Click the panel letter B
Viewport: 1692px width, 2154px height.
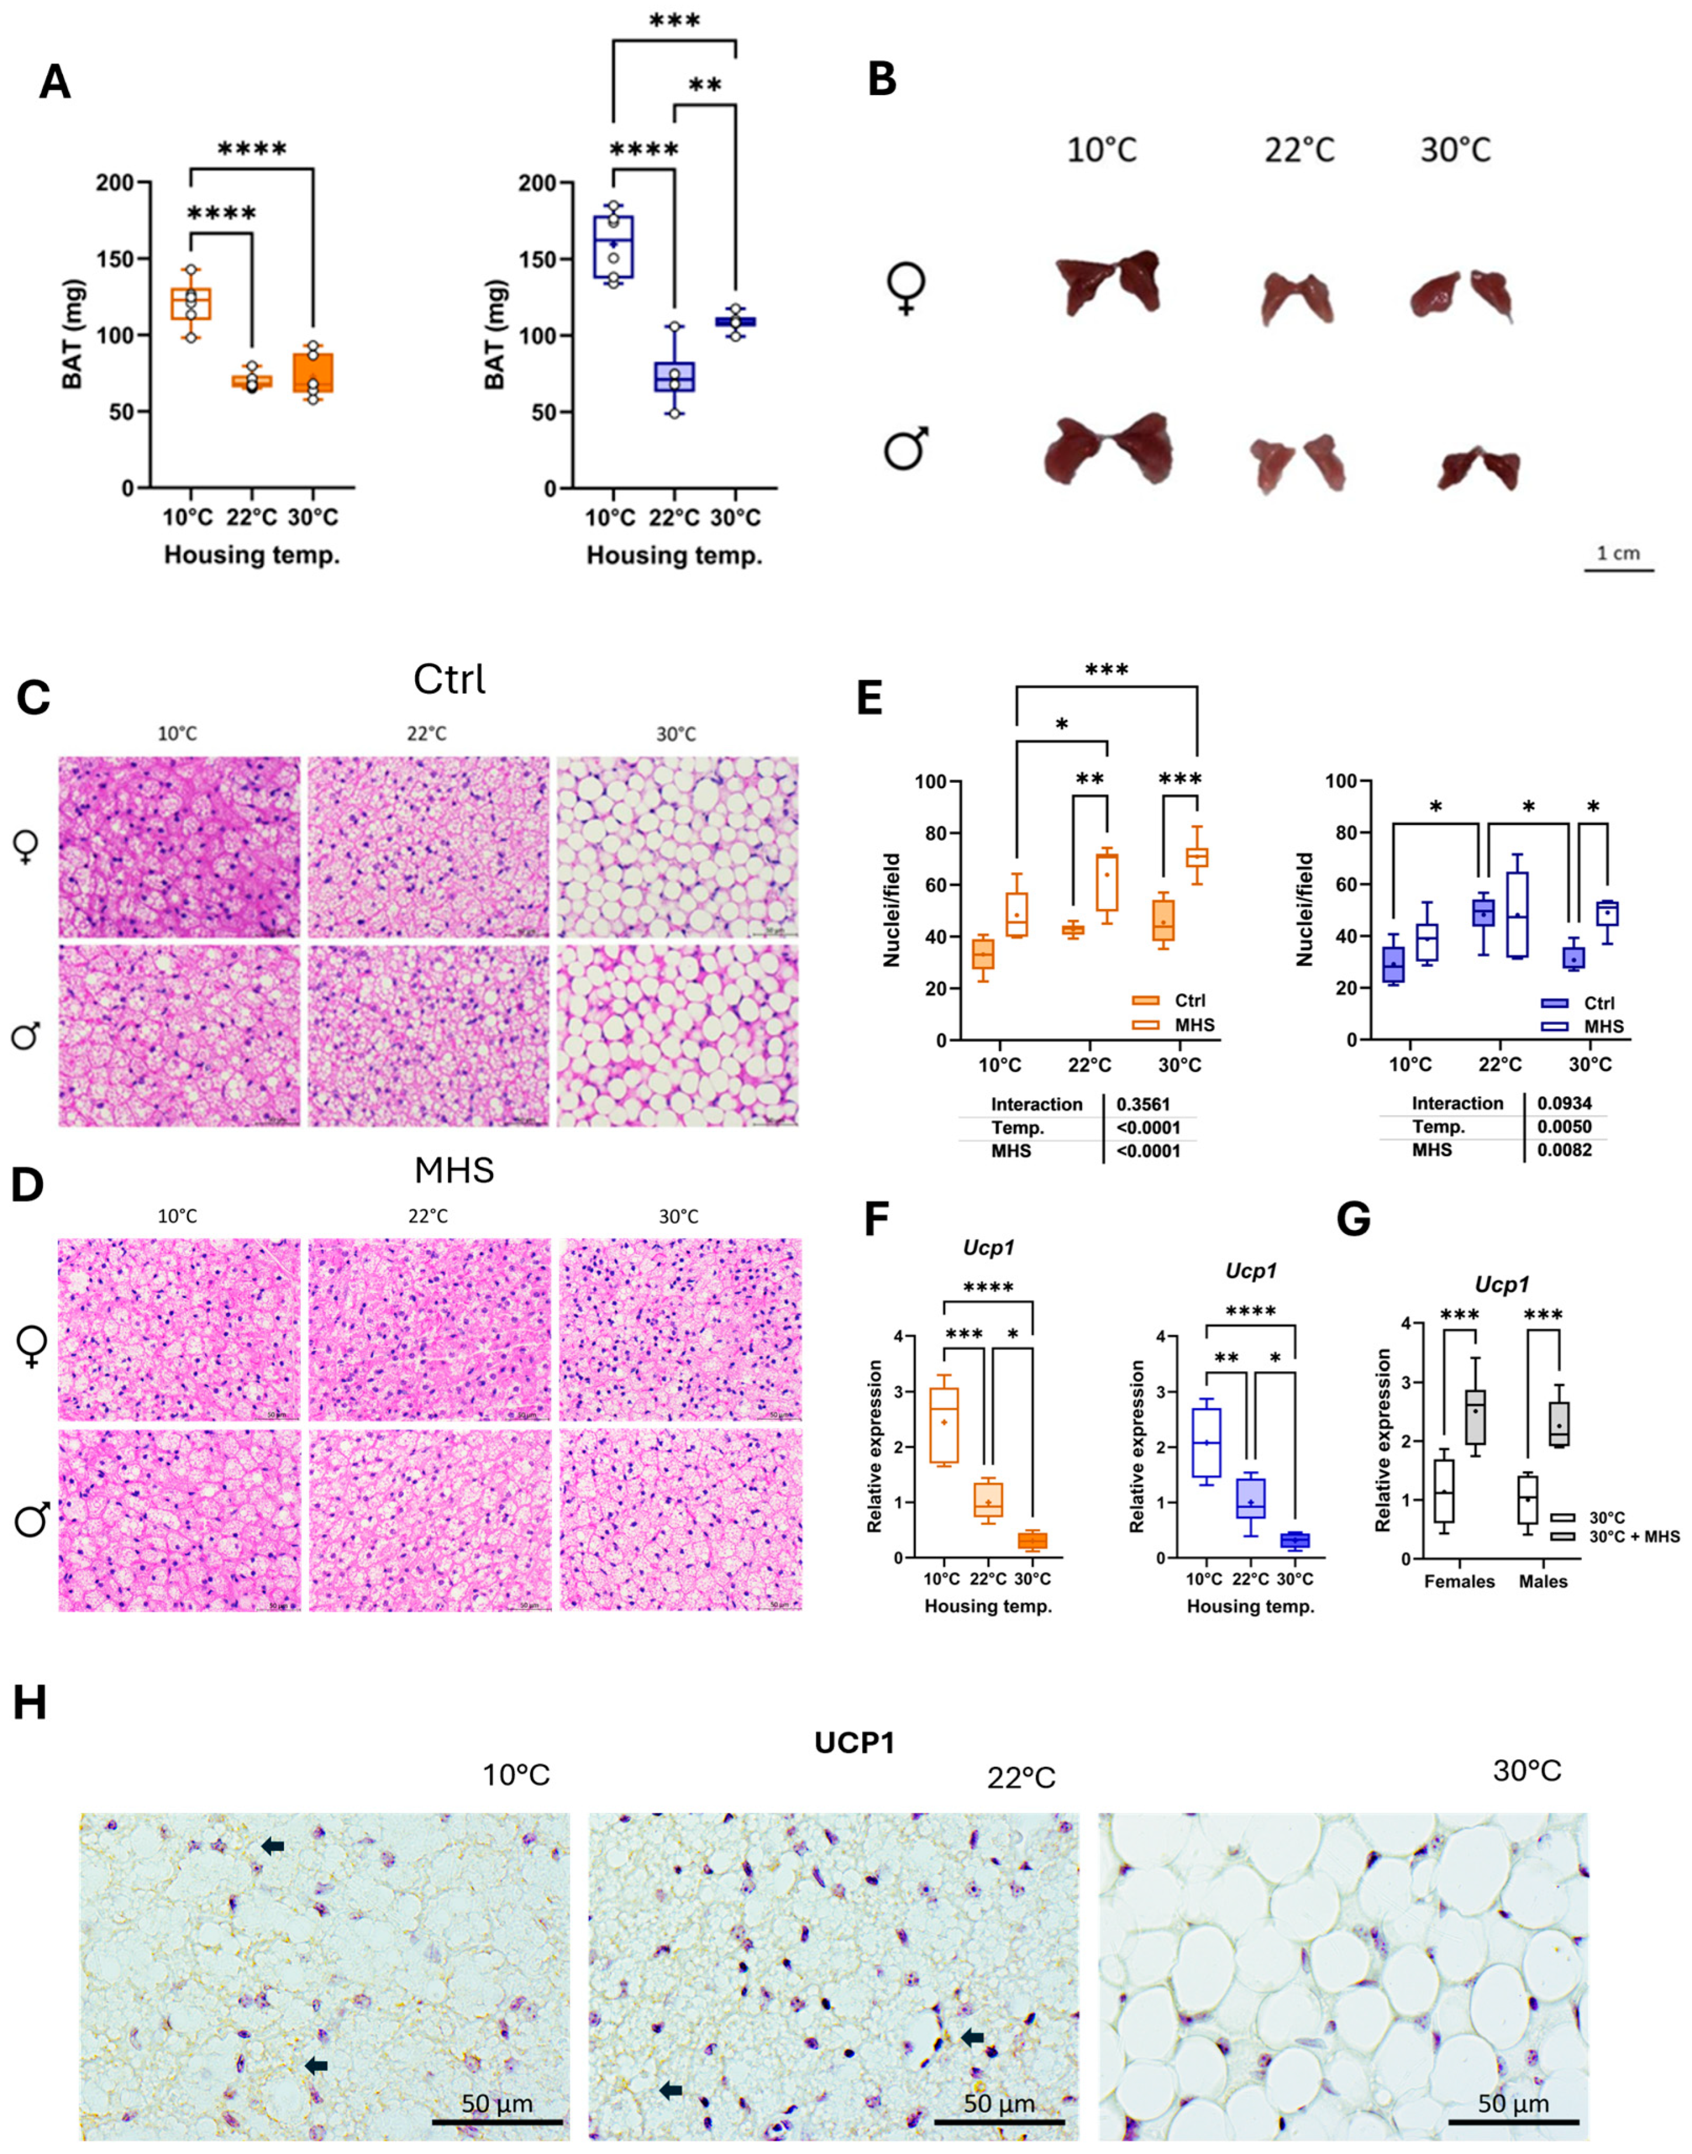pyautogui.click(x=882, y=79)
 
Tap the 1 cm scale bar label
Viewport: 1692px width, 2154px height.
pyautogui.click(x=1618, y=553)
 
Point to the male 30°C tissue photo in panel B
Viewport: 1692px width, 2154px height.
pyautogui.click(x=1478, y=467)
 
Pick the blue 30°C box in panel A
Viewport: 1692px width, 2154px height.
pyautogui.click(x=735, y=321)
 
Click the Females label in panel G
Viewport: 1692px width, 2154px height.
pyautogui.click(x=1458, y=1581)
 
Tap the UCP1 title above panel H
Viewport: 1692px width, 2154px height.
pyautogui.click(x=854, y=1743)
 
